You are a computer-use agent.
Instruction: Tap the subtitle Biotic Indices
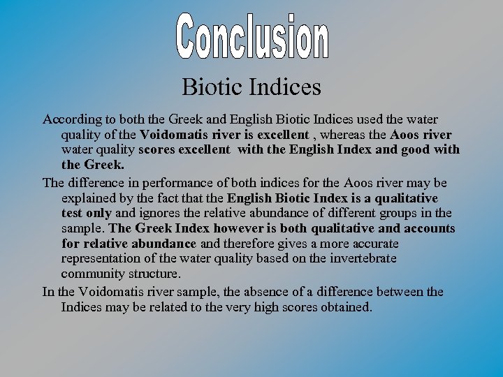(x=251, y=87)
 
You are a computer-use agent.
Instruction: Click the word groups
(x=404, y=213)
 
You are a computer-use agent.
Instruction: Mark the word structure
(x=154, y=274)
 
